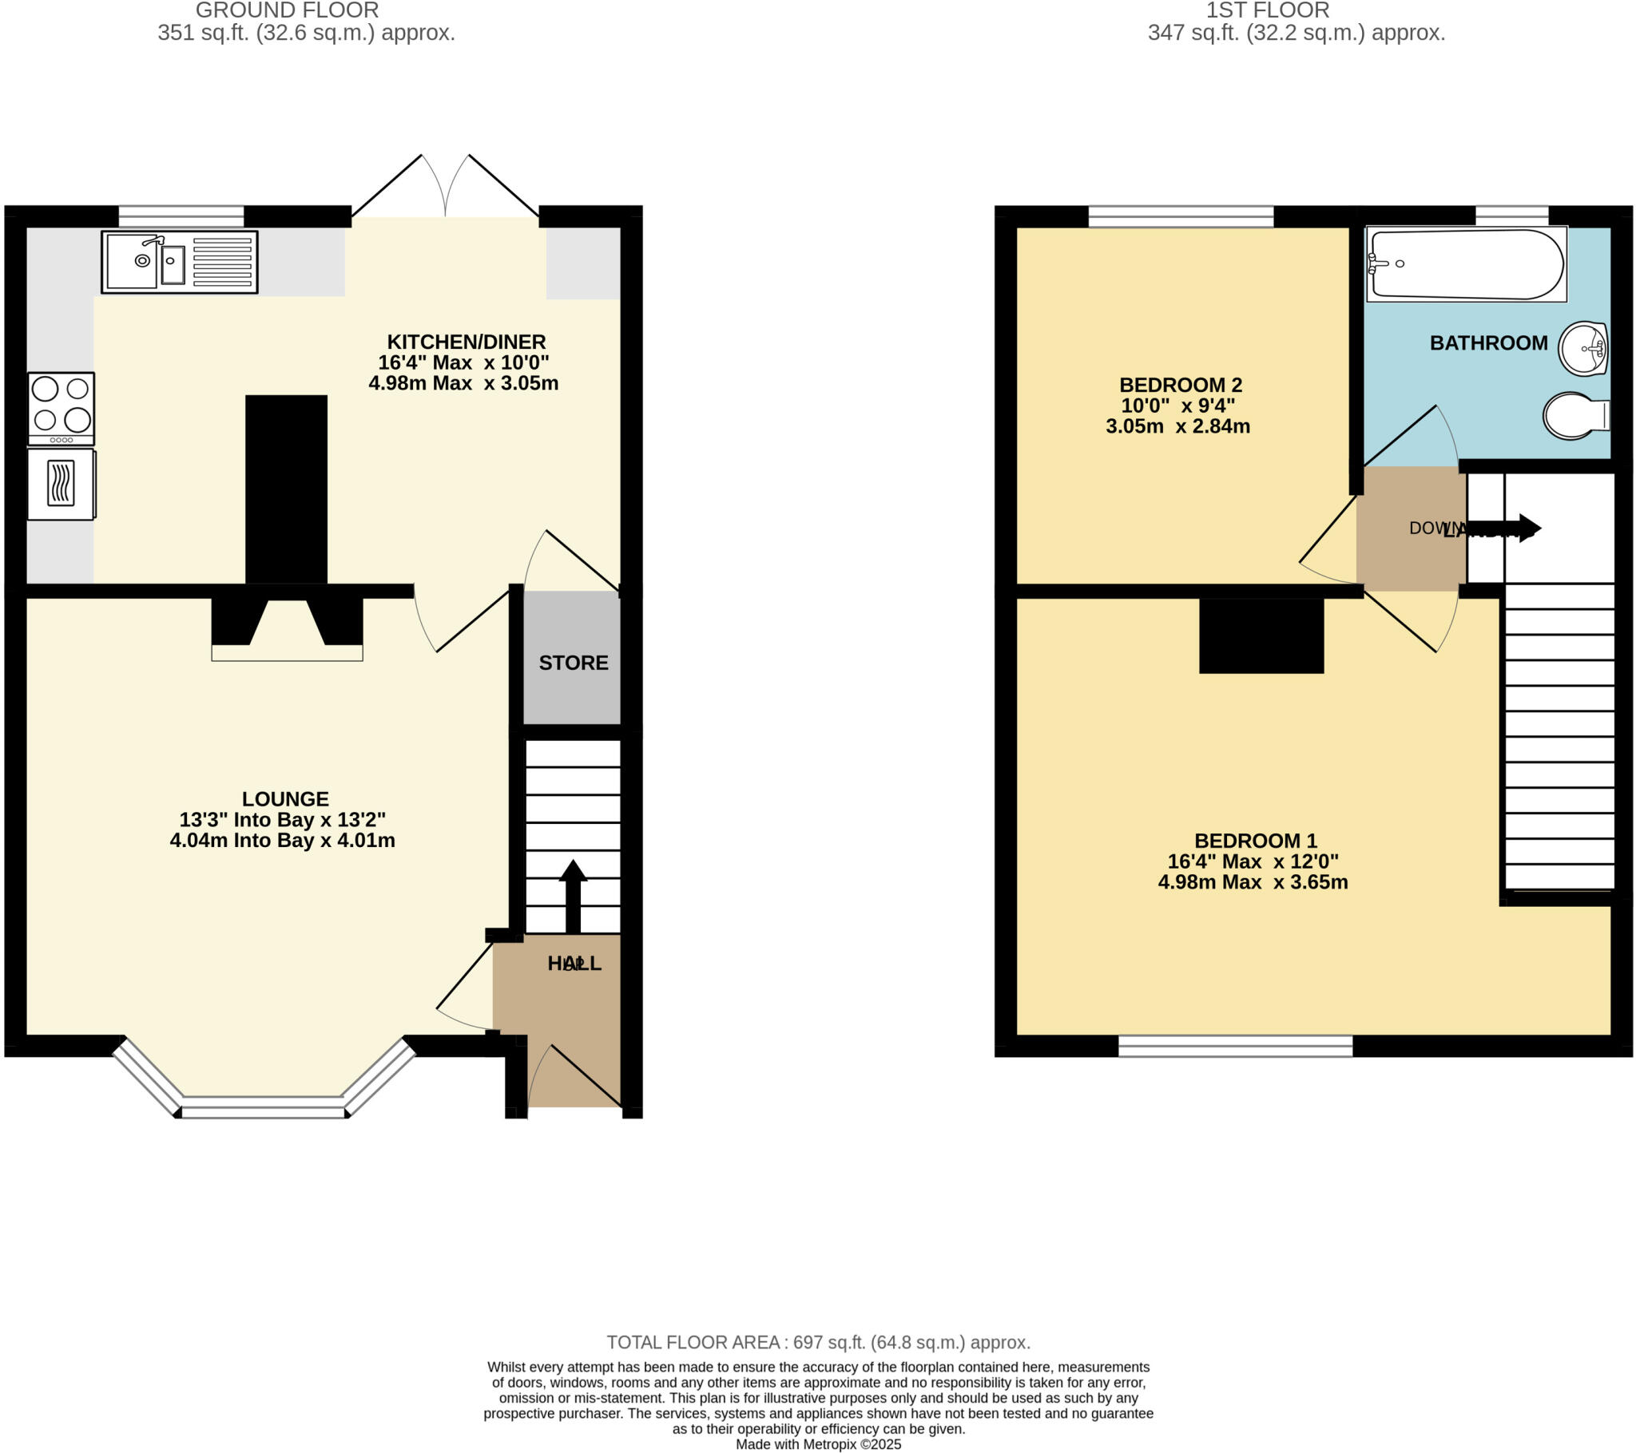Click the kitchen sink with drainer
(179, 262)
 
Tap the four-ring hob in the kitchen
(61, 408)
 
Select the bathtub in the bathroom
(1466, 264)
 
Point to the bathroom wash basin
(1583, 349)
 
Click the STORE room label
(573, 663)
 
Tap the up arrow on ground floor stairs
(573, 895)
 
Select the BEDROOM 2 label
(1181, 385)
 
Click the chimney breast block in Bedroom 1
(1261, 635)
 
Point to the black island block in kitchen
(287, 489)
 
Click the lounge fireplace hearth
(287, 652)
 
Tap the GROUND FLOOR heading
(288, 11)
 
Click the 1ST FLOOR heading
(1268, 11)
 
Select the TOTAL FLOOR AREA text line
(818, 1342)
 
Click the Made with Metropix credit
(818, 1444)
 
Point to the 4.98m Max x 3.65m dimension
(1253, 882)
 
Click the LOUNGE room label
(286, 798)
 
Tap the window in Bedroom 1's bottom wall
(1235, 1046)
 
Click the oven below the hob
(61, 484)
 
